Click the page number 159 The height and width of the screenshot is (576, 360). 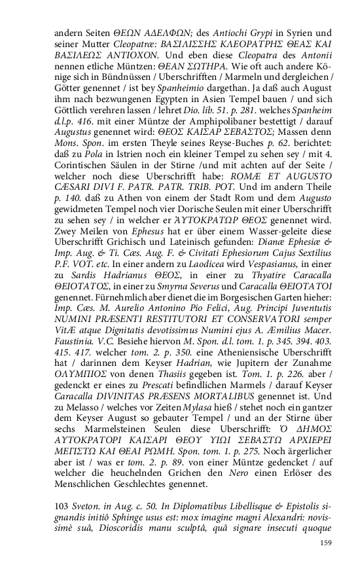tap(325, 543)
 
